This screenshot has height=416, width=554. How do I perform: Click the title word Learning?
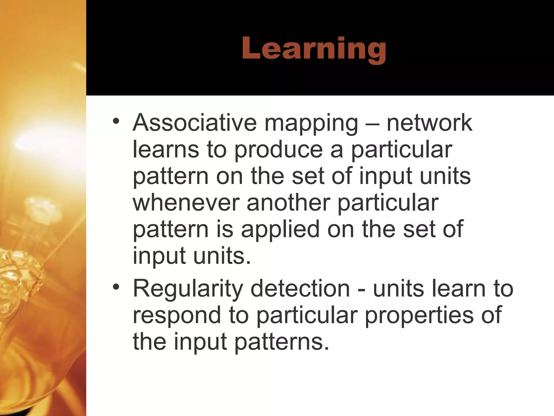(314, 49)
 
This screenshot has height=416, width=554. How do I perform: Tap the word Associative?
(194, 123)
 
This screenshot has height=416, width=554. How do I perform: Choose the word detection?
(300, 288)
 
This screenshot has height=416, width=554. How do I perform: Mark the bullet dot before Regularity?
(116, 287)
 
